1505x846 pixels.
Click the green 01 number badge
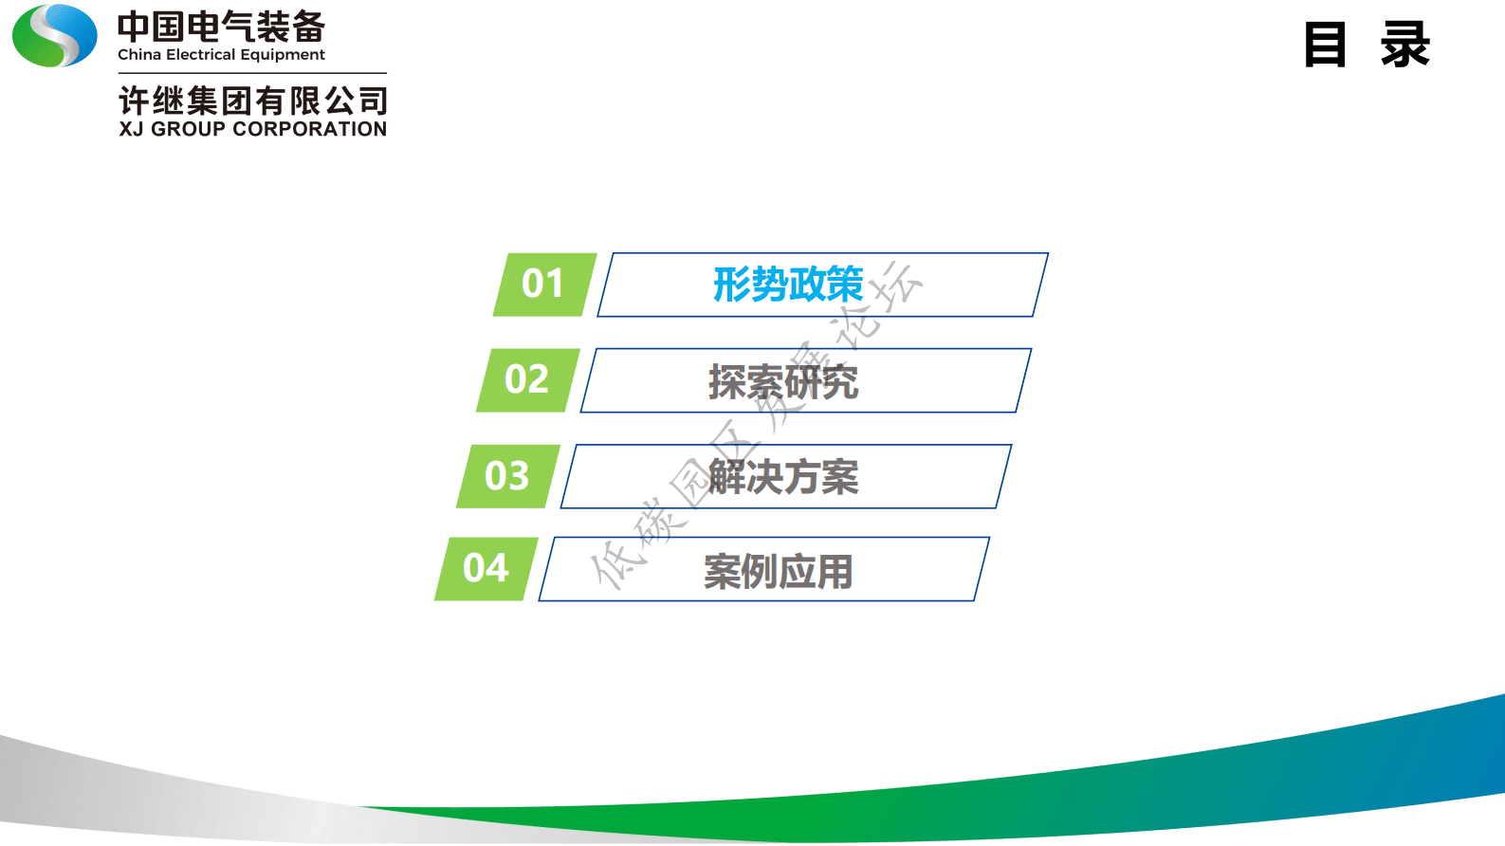click(x=544, y=284)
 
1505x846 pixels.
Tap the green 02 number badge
click(x=527, y=379)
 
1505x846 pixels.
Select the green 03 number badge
click(x=507, y=475)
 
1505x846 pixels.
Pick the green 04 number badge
click(x=486, y=568)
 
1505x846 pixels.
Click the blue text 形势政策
click(x=787, y=284)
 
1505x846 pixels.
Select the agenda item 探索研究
click(x=783, y=381)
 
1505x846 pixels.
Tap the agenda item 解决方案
click(x=783, y=476)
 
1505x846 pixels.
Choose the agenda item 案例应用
click(x=778, y=571)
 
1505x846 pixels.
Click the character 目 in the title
click(x=1325, y=45)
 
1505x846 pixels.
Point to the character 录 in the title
click(x=1404, y=45)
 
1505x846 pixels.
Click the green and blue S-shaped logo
click(x=55, y=36)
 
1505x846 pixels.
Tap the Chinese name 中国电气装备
click(x=221, y=27)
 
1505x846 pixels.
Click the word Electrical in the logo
click(x=200, y=55)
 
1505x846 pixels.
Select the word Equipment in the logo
click(x=283, y=55)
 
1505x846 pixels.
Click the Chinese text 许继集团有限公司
click(x=252, y=101)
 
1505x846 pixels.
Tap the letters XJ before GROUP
click(x=131, y=129)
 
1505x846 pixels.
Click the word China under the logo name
click(x=138, y=55)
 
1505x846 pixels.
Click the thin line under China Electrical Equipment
click(x=252, y=73)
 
